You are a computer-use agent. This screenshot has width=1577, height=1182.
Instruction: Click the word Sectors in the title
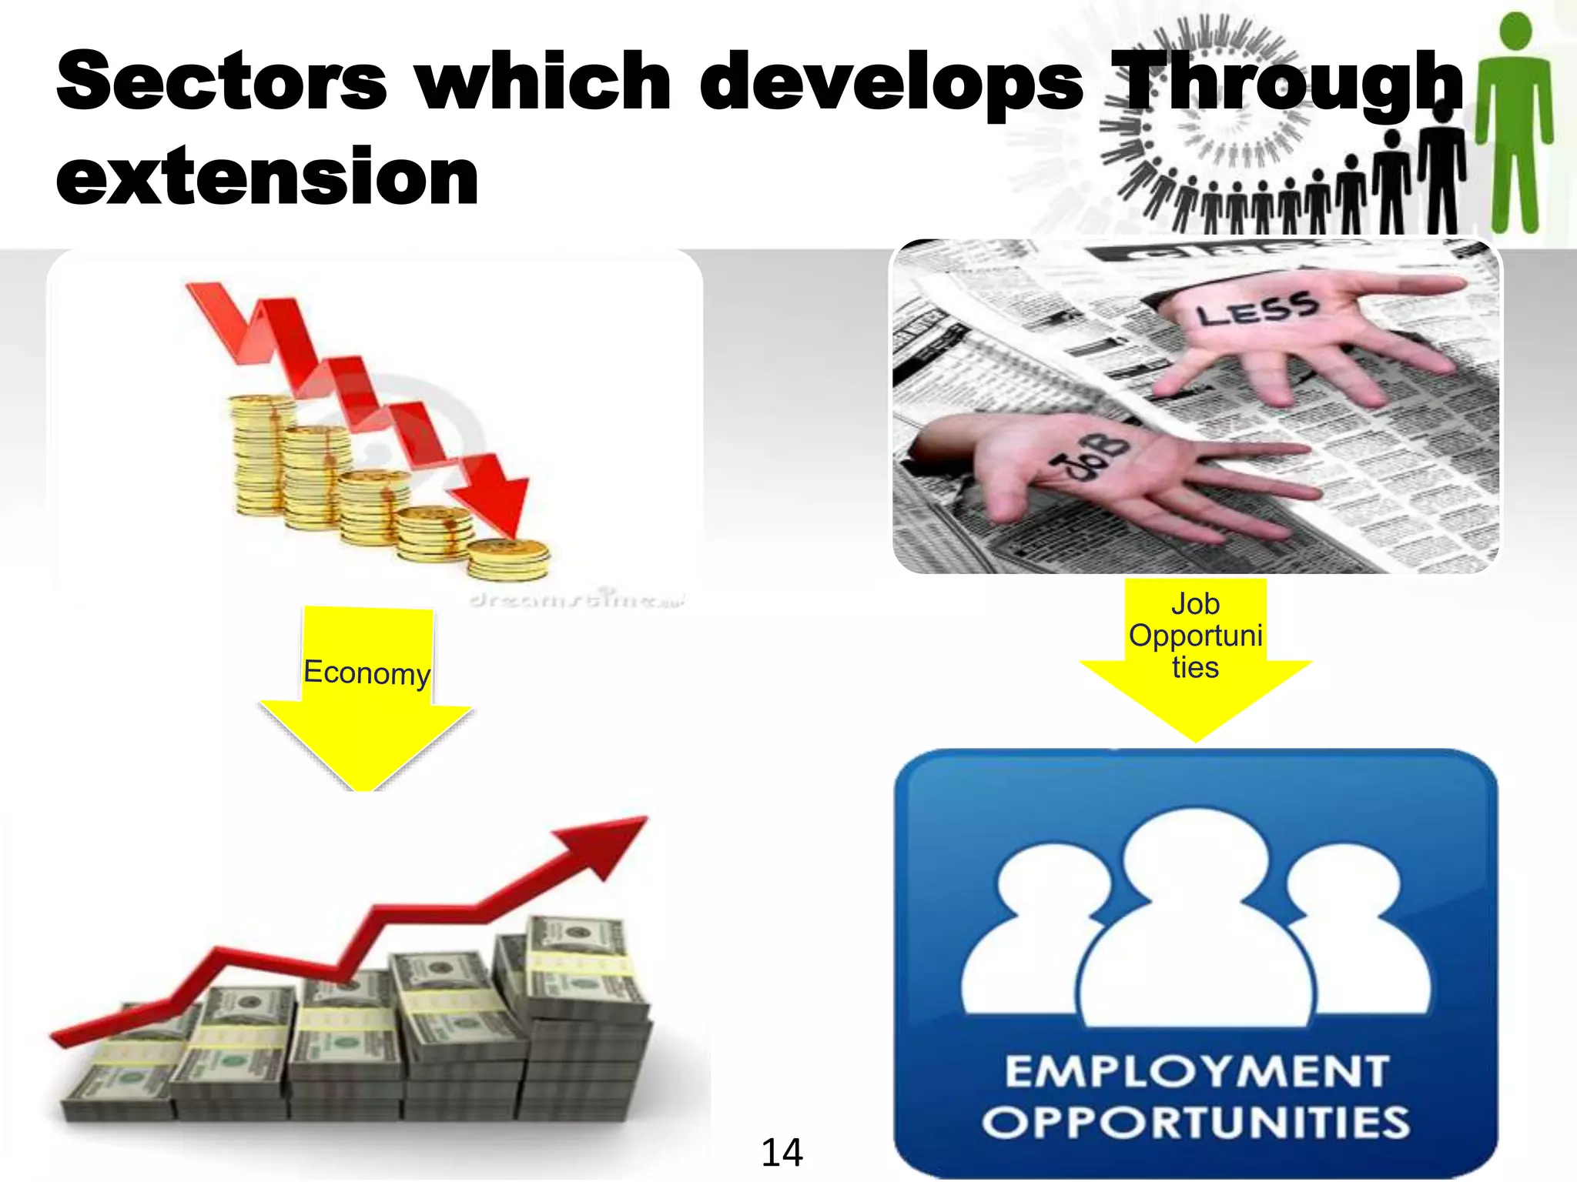(x=222, y=81)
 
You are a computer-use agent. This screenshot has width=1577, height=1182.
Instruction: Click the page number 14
(x=782, y=1153)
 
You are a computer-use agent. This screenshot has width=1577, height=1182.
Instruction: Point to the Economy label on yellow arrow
(x=367, y=673)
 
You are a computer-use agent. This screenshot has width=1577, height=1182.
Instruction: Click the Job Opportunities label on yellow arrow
(x=1195, y=636)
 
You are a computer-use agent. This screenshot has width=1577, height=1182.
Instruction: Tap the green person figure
(x=1515, y=123)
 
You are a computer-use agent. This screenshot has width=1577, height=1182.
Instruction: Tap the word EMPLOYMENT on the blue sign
(x=1197, y=1072)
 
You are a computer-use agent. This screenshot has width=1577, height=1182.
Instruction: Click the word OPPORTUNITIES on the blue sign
(x=1195, y=1122)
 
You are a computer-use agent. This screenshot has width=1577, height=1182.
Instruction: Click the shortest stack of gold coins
(x=508, y=559)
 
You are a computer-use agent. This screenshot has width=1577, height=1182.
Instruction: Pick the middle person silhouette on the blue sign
(x=1195, y=923)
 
